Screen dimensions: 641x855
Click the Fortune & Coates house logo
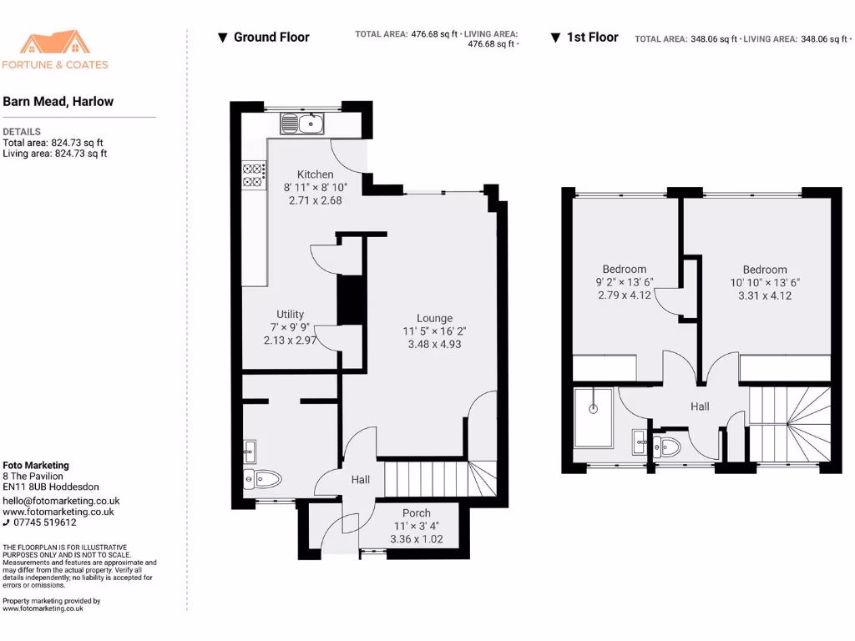tap(55, 43)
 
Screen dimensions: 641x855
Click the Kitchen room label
tap(315, 174)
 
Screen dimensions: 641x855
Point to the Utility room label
tap(291, 315)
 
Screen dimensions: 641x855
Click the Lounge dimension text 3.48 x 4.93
tap(434, 344)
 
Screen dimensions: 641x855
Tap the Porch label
tap(417, 513)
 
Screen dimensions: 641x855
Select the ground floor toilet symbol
tap(262, 479)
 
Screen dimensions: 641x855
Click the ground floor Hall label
tap(360, 480)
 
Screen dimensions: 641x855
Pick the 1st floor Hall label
tap(700, 406)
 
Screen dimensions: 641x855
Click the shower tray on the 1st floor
tap(593, 416)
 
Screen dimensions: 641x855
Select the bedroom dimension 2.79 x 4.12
tap(625, 295)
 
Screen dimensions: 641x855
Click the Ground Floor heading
tap(271, 38)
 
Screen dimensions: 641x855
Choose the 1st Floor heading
tap(592, 38)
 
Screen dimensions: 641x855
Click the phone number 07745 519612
tap(45, 522)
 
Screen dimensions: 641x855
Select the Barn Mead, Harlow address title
tap(58, 102)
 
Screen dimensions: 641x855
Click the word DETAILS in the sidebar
tap(22, 132)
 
